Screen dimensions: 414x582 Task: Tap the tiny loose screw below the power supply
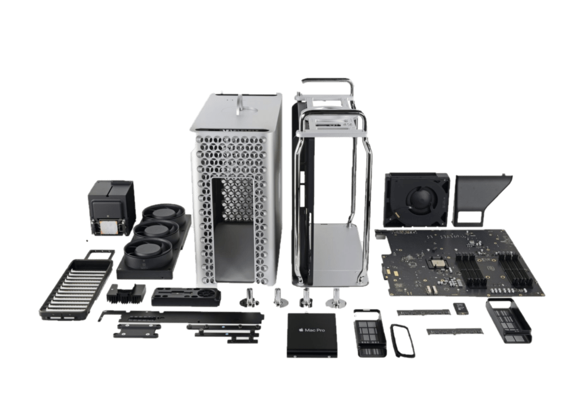(x=88, y=241)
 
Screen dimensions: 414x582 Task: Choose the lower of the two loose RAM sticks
(x=448, y=331)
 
